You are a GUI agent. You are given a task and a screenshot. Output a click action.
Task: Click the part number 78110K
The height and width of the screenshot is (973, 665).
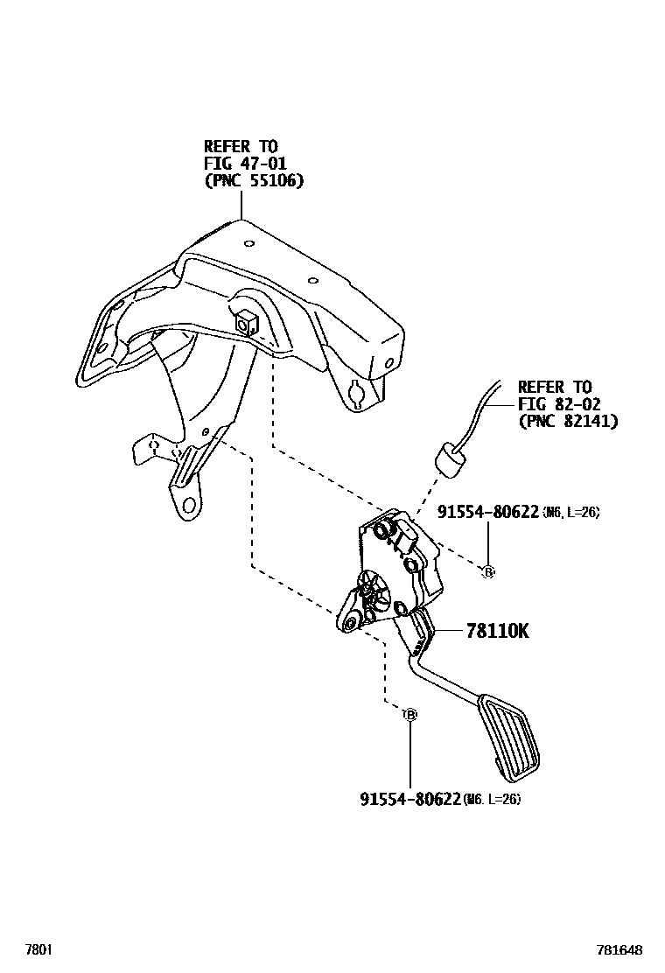click(x=497, y=632)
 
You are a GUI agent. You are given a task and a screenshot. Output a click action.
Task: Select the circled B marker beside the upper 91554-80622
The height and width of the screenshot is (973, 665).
click(x=488, y=571)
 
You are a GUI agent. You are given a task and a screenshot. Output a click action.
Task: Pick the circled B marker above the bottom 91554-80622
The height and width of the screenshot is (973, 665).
click(x=409, y=715)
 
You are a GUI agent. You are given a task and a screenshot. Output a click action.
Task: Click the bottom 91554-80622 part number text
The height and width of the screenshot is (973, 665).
click(x=409, y=799)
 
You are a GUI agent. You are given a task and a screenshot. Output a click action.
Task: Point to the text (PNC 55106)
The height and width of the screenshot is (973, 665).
click(x=253, y=181)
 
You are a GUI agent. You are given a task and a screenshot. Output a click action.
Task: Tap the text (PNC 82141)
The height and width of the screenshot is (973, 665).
click(x=567, y=422)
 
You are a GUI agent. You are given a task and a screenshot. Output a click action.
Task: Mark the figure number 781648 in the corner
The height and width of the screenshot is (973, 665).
click(x=619, y=949)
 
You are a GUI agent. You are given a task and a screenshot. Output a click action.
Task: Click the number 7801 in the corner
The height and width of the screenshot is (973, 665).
click(x=38, y=949)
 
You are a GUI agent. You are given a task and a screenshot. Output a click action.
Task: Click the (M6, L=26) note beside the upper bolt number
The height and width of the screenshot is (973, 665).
click(x=570, y=513)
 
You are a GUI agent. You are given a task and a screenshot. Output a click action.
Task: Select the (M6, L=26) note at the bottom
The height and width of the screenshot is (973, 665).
click(x=492, y=799)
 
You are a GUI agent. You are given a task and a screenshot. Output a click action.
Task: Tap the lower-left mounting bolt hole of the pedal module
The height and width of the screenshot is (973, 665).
click(x=350, y=623)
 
